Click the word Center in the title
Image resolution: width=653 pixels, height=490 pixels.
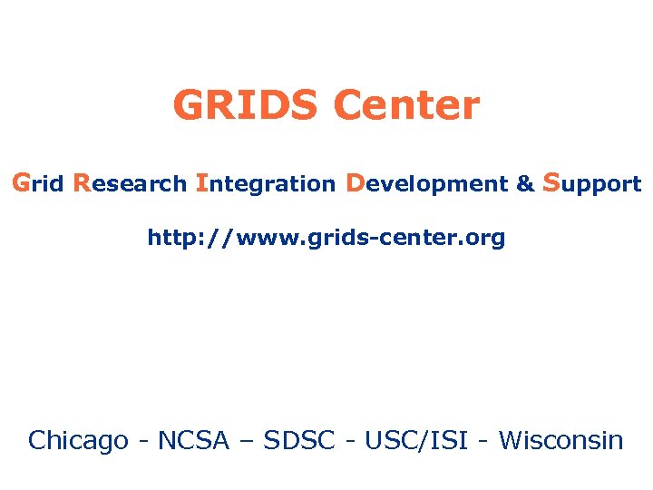pyautogui.click(x=405, y=106)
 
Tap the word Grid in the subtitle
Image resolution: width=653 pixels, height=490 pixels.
pyautogui.click(x=37, y=183)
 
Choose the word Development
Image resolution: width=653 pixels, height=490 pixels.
pyautogui.click(x=426, y=183)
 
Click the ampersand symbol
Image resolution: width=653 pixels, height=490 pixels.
pyautogui.click(x=525, y=184)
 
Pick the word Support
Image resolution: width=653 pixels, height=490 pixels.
pyautogui.click(x=592, y=184)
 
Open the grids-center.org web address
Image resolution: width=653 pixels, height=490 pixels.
pyautogui.click(x=326, y=239)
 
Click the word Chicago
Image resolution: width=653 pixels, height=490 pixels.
pyautogui.click(x=78, y=441)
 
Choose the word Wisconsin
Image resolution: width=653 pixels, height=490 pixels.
pyautogui.click(x=561, y=441)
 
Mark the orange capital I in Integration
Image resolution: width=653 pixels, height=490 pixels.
pyautogui.click(x=200, y=182)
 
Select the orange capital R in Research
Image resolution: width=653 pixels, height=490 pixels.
pyautogui.click(x=82, y=182)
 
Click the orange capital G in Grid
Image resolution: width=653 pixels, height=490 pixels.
pyautogui.click(x=21, y=182)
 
